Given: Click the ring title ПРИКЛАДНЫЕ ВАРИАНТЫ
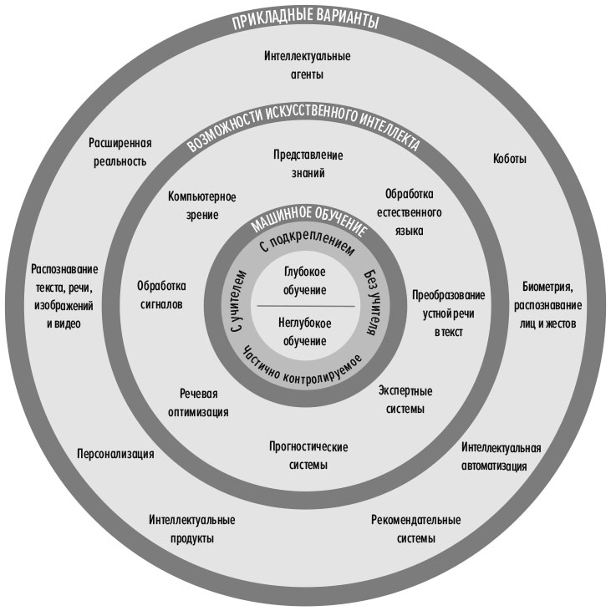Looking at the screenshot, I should [306, 19].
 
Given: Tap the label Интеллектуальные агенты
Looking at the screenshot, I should [306, 65].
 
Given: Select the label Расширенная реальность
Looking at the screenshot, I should [119, 152].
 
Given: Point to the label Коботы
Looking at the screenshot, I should [510, 159].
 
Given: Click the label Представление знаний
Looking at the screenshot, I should [308, 164].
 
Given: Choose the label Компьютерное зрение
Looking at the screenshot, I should [201, 206].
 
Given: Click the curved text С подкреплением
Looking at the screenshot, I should [305, 246].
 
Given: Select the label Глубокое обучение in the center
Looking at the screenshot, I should [304, 280].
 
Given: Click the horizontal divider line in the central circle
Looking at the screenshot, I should [305, 307].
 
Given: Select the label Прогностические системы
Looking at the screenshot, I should [308, 456].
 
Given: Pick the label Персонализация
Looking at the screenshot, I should [115, 455].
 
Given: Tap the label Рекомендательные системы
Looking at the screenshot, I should [415, 529].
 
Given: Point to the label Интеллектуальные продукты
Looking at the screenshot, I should [192, 529].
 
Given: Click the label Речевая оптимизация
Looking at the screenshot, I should [204, 403].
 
